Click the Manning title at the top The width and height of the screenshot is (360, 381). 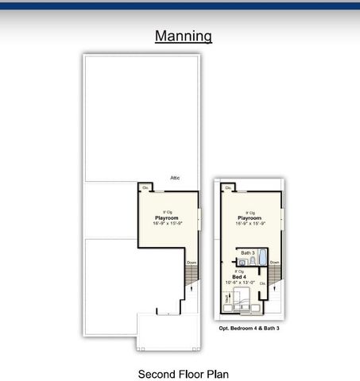point(183,36)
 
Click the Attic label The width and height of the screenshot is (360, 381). point(175,178)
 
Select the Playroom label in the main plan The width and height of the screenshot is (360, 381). point(166,217)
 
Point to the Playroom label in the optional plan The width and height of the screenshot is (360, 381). point(250,217)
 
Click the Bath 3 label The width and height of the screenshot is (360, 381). point(247,252)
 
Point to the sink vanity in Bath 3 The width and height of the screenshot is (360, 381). point(242,261)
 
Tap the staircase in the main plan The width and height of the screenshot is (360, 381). point(191,279)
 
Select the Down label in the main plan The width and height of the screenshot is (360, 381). point(192,263)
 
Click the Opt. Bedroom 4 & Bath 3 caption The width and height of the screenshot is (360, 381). point(249,328)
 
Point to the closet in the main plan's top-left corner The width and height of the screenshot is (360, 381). point(144,188)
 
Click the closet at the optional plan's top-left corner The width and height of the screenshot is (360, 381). point(227,188)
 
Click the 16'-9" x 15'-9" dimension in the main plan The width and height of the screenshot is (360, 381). point(166,223)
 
